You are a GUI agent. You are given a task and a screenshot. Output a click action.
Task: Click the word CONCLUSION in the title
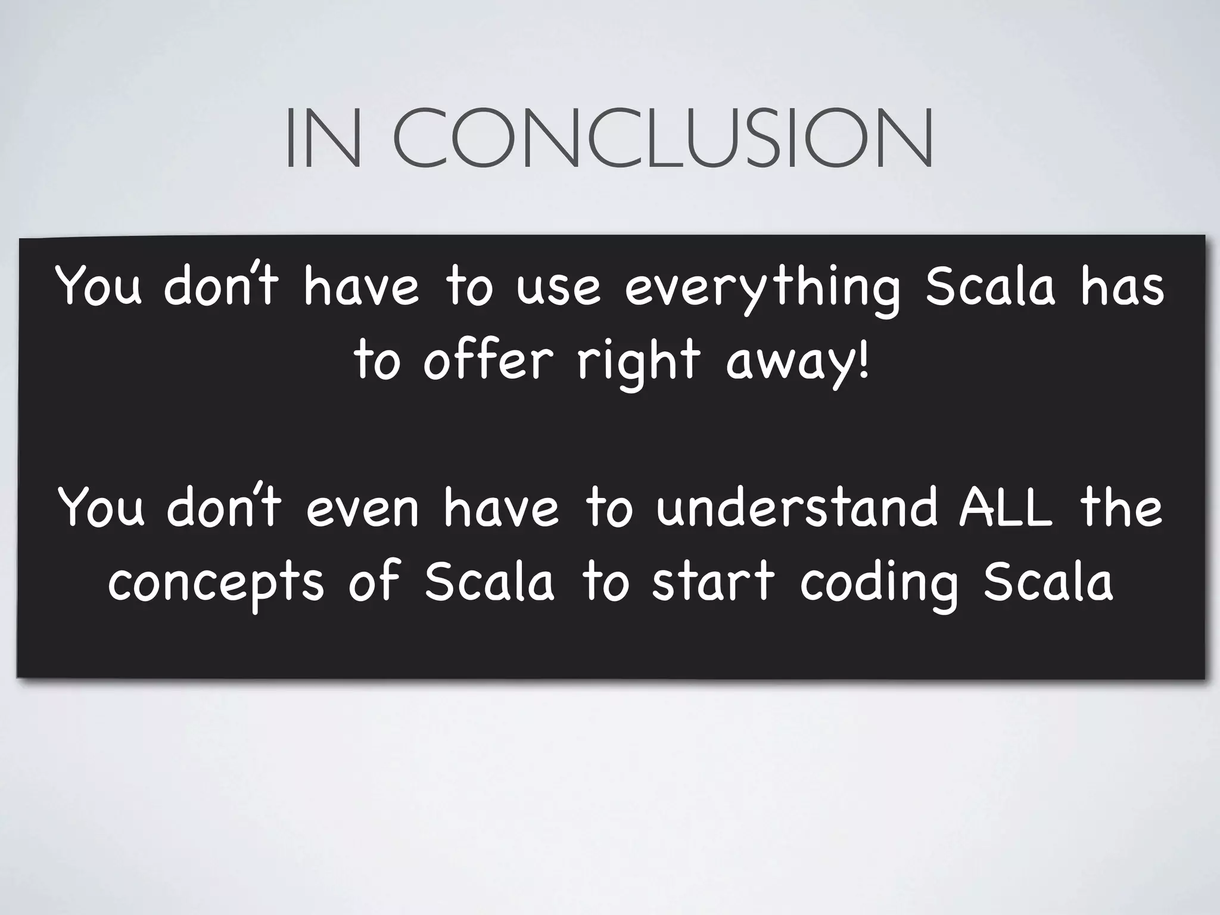coord(661,138)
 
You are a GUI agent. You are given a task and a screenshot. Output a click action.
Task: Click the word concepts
coord(216,583)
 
